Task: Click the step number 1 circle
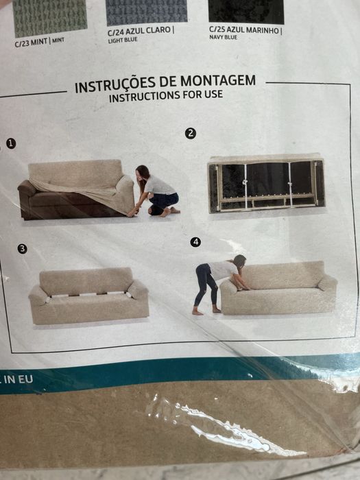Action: click(11, 143)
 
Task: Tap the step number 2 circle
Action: click(191, 134)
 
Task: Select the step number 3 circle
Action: click(22, 248)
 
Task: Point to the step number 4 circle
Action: click(195, 242)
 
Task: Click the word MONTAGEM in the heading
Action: click(218, 81)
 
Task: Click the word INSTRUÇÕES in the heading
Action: click(115, 85)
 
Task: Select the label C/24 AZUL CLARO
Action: click(141, 31)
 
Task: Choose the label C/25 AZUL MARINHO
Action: click(245, 30)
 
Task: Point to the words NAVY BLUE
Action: click(223, 37)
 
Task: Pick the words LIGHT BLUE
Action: click(123, 40)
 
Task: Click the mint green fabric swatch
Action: click(50, 18)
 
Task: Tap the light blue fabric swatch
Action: click(147, 12)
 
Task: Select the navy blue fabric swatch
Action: click(246, 11)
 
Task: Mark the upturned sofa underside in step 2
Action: click(266, 183)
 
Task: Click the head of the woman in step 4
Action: click(239, 261)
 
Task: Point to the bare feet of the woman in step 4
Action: click(206, 311)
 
